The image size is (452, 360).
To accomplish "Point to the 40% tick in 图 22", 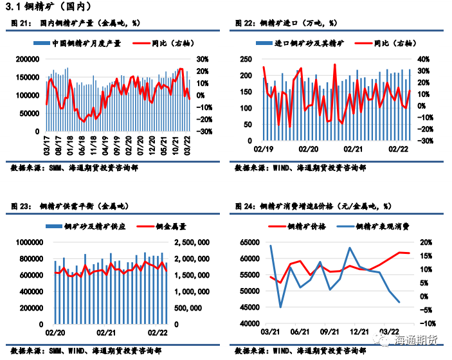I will (x=422, y=59).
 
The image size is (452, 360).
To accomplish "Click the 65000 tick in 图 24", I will (x=249, y=242).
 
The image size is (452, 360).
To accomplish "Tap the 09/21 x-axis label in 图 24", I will (x=329, y=332).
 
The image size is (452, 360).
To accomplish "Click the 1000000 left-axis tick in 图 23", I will (x=28, y=242).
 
